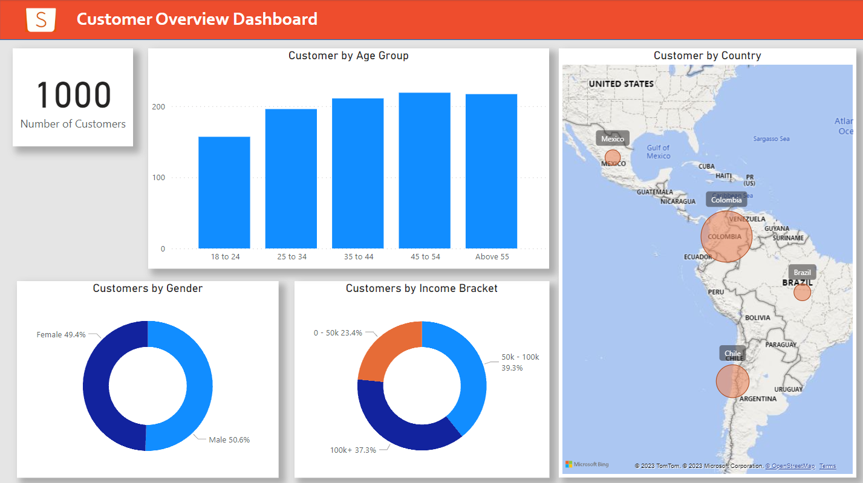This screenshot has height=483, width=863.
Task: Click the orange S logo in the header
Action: pos(41,19)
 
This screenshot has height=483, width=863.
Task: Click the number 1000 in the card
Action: pos(74,96)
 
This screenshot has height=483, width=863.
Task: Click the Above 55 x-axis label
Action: pos(492,257)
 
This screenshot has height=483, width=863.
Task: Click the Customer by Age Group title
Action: pos(348,56)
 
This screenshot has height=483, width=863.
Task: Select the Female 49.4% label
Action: pos(61,334)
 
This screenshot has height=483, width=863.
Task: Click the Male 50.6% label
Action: pos(229,439)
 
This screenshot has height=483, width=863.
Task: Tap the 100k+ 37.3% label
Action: pos(353,450)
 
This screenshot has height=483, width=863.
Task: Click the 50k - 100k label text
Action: pos(520,357)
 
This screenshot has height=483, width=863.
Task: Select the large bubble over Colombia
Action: pos(726,236)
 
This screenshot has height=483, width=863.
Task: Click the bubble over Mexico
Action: pos(613,158)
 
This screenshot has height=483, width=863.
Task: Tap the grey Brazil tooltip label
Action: pos(803,272)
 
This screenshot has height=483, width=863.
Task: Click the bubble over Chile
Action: pos(732,381)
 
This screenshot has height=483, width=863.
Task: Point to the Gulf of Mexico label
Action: pos(659,152)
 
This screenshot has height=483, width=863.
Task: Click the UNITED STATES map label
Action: pos(621,84)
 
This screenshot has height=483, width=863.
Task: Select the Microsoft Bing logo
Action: pos(587,464)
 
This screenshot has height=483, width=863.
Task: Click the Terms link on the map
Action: pos(827,466)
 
